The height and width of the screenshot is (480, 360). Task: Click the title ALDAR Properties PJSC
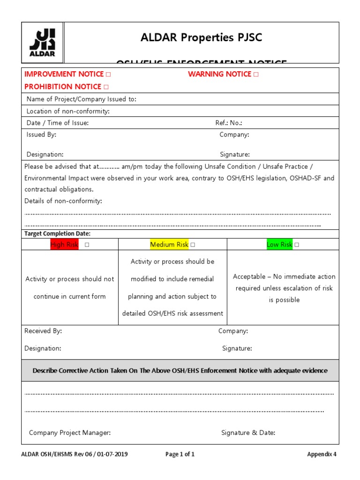pyautogui.click(x=201, y=38)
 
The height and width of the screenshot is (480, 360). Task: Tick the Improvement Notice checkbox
pyautogui.click(x=108, y=75)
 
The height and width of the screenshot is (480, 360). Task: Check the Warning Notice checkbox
pyautogui.click(x=256, y=75)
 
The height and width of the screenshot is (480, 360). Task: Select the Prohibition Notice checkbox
pyautogui.click(x=106, y=87)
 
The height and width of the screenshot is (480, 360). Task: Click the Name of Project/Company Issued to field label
pyautogui.click(x=81, y=99)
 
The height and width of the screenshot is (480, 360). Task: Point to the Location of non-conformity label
pyautogui.click(x=68, y=111)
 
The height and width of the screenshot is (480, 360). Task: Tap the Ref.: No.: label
pyautogui.click(x=229, y=123)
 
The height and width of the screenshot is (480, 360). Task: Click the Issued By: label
pyautogui.click(x=41, y=135)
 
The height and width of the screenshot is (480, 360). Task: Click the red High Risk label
pyautogui.click(x=64, y=245)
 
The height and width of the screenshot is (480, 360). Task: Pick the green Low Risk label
pyautogui.click(x=279, y=245)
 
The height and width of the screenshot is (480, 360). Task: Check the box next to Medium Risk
pyautogui.click(x=193, y=245)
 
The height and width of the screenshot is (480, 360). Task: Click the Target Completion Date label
pyautogui.click(x=57, y=233)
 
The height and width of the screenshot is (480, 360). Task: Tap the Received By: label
pyautogui.click(x=43, y=331)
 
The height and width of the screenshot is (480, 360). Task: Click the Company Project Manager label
pyautogui.click(x=70, y=433)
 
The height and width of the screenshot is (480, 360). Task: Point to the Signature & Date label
pyautogui.click(x=248, y=433)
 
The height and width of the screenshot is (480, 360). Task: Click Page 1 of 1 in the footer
pyautogui.click(x=180, y=454)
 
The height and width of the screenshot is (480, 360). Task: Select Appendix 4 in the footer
pyautogui.click(x=322, y=454)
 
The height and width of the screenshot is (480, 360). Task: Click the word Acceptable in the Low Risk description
pyautogui.click(x=249, y=277)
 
